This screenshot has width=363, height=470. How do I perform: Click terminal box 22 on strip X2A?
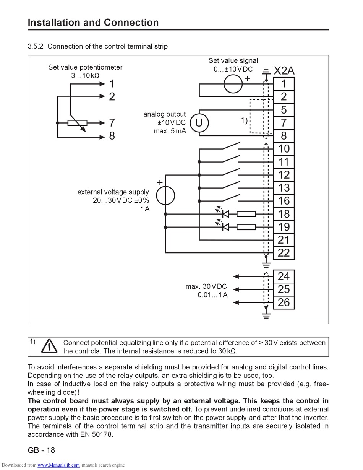(x=284, y=253)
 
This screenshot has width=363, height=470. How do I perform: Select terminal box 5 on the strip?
(x=284, y=110)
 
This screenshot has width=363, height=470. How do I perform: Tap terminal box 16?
(x=284, y=201)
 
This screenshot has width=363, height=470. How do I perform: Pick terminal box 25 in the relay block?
(x=284, y=289)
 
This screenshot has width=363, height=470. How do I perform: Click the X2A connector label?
(x=284, y=70)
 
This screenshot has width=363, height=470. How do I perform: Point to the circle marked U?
(x=199, y=123)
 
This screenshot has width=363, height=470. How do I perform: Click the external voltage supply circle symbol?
(x=165, y=195)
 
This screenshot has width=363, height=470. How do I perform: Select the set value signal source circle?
(x=233, y=84)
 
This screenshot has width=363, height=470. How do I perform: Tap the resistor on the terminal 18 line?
(x=246, y=214)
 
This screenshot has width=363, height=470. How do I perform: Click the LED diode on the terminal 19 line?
(x=225, y=227)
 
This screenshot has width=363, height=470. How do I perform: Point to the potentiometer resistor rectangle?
(x=77, y=123)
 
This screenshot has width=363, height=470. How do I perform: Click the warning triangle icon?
(x=49, y=346)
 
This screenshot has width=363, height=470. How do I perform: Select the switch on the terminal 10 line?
(x=231, y=146)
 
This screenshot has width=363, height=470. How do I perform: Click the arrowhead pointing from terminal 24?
(x=236, y=276)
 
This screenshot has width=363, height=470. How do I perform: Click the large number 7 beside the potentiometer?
(x=112, y=123)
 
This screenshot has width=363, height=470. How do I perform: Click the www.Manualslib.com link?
(x=58, y=465)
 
